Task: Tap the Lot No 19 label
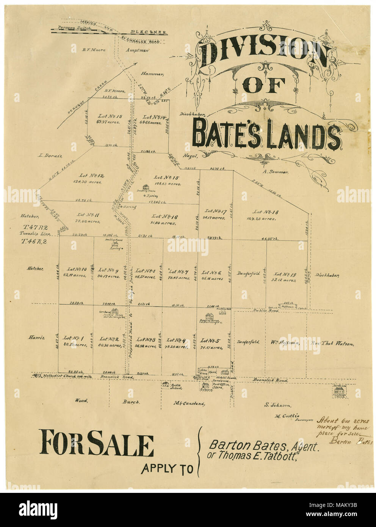click(285, 274)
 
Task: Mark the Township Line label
click(35, 234)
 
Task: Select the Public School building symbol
click(165, 384)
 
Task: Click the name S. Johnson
click(277, 405)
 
